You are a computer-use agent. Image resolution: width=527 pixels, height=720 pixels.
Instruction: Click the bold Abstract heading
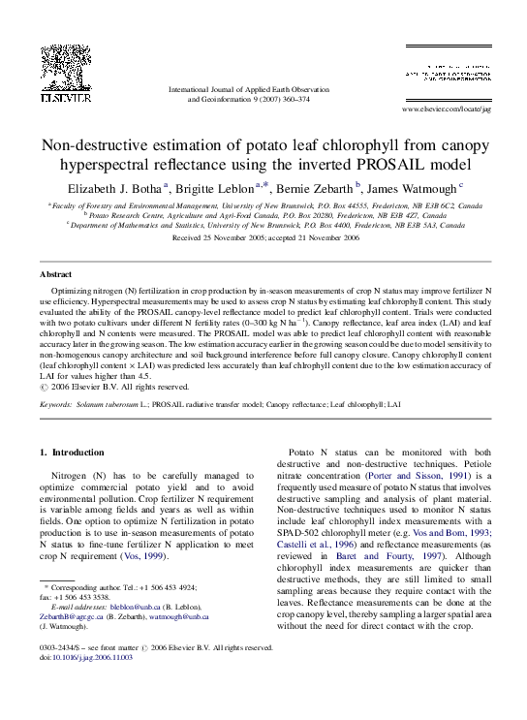[x=55, y=274]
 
